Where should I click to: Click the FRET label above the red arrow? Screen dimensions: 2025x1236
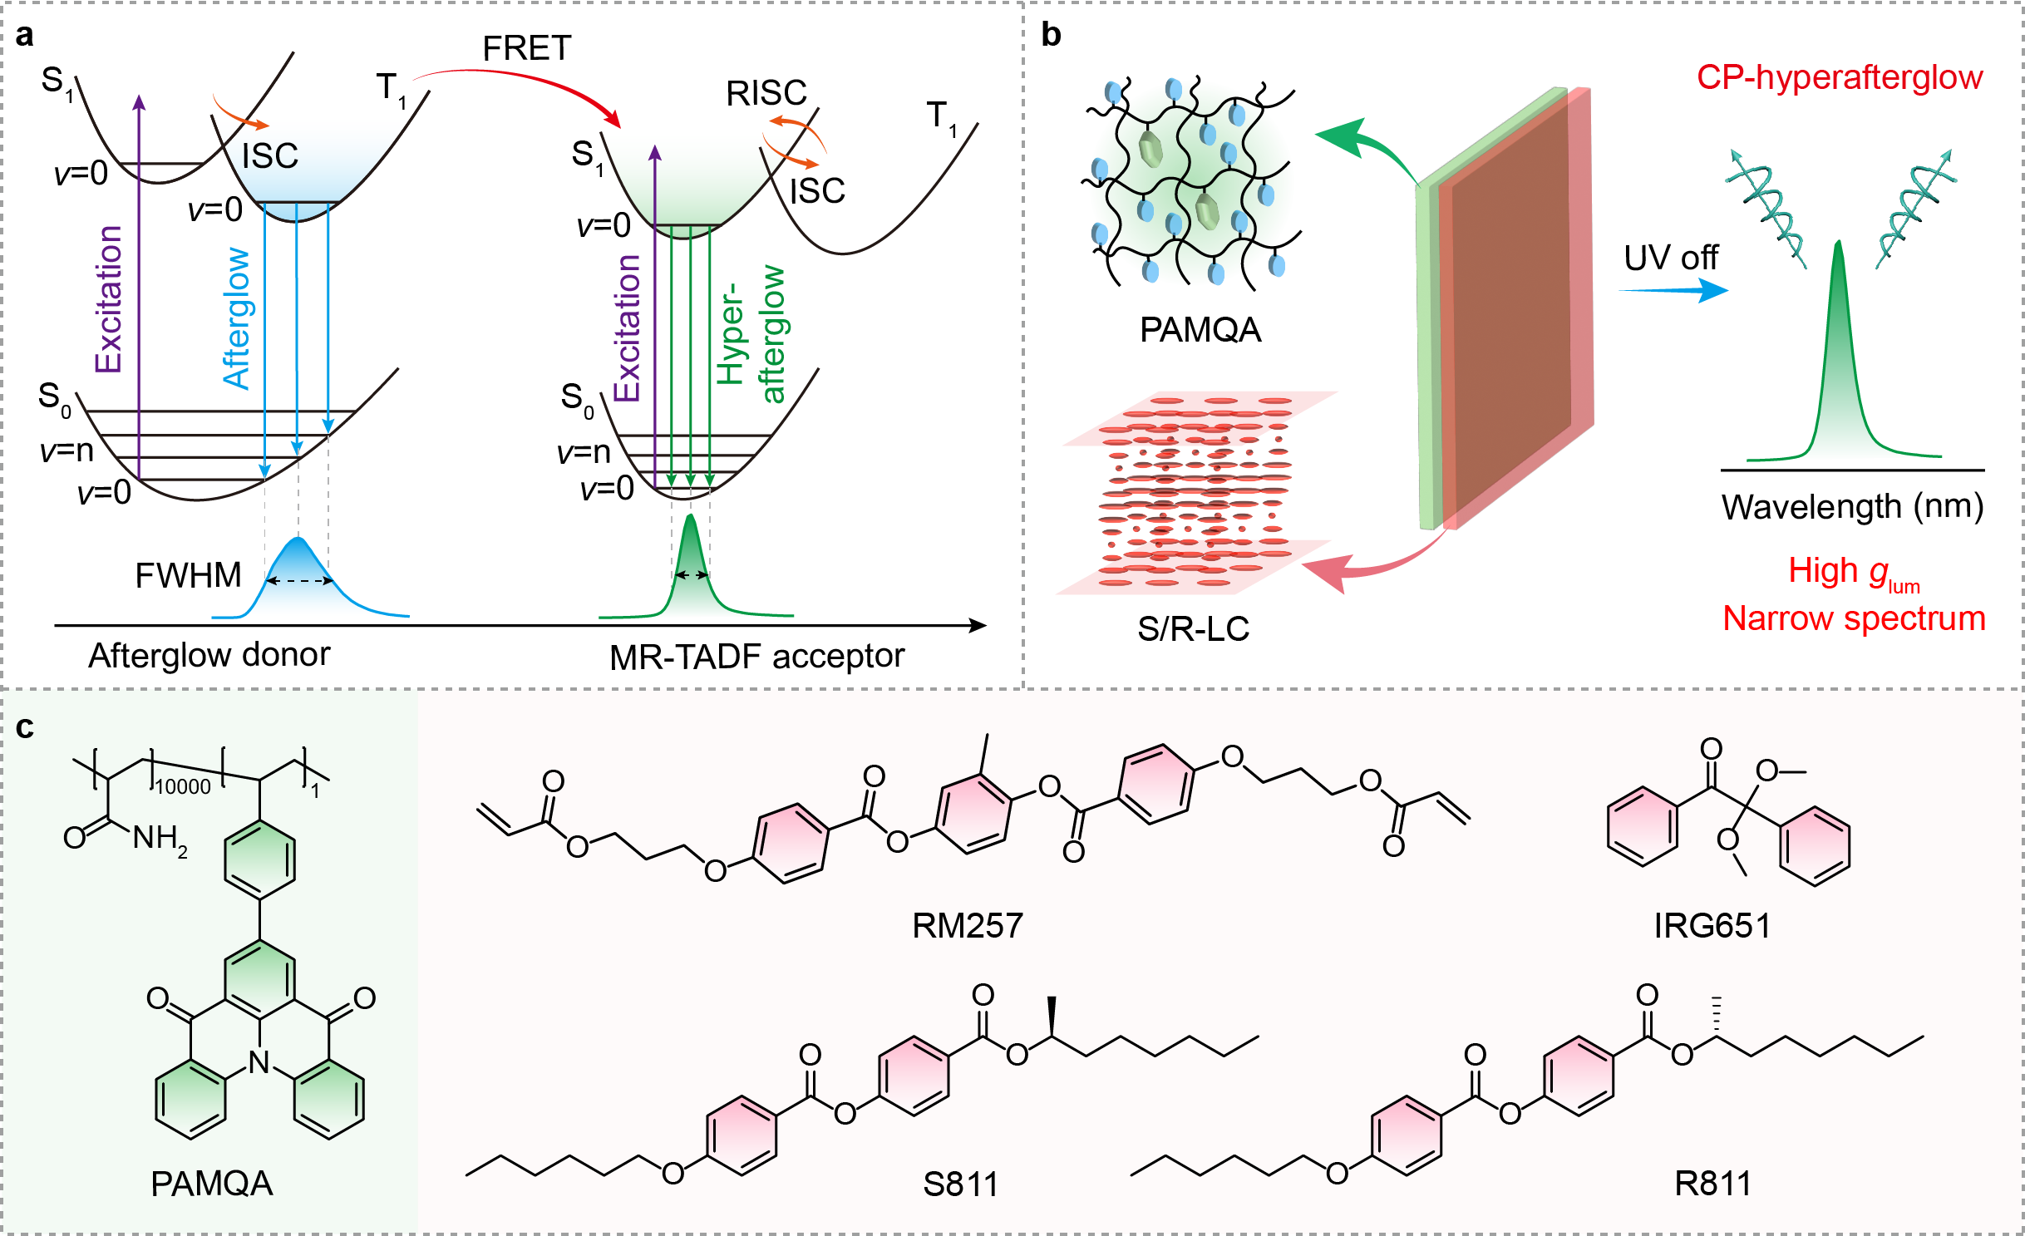click(x=527, y=48)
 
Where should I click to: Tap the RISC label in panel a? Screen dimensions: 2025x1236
click(x=766, y=93)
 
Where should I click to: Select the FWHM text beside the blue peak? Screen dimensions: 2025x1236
click(x=188, y=575)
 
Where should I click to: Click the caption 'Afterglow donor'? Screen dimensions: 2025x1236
click(x=209, y=655)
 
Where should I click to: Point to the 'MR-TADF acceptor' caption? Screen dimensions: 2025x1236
click(x=756, y=657)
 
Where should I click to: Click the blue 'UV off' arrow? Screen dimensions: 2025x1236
click(x=1673, y=290)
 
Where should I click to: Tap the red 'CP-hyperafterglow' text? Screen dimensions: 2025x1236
click(x=1840, y=77)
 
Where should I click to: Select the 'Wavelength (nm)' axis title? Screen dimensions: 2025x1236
click(x=1853, y=506)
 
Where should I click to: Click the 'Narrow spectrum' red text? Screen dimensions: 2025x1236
click(x=1854, y=618)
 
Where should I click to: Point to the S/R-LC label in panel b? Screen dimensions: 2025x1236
click(x=1194, y=628)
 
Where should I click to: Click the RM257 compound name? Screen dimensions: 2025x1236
click(x=968, y=925)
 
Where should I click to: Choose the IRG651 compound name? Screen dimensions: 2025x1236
click(x=1712, y=925)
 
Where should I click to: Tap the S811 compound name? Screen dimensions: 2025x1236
click(x=961, y=1184)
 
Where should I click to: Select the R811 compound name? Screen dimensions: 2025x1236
click(x=1712, y=1183)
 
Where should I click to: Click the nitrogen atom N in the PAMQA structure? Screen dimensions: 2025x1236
click(x=259, y=1061)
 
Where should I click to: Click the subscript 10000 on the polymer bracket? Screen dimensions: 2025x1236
click(x=184, y=786)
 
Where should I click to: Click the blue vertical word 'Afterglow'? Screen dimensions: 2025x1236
click(x=236, y=318)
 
